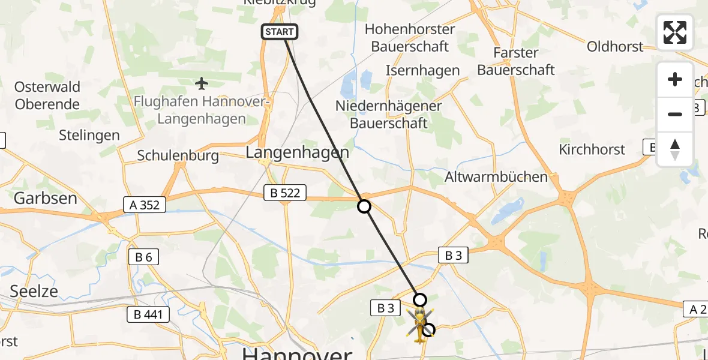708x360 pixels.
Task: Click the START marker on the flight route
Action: (x=280, y=32)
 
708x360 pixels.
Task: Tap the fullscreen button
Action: (x=675, y=32)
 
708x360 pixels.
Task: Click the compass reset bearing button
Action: (x=675, y=149)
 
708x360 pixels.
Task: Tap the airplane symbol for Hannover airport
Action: (x=202, y=82)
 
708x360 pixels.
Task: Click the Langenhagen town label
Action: (x=298, y=153)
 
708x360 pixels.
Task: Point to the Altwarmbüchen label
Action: (x=496, y=177)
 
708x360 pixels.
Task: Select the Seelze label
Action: (x=34, y=291)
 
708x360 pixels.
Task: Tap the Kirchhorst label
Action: (x=592, y=149)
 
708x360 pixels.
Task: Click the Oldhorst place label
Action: (x=615, y=46)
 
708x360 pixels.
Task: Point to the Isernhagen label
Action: (x=423, y=71)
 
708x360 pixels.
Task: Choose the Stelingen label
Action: (x=89, y=135)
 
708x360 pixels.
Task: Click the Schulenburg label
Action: (x=177, y=155)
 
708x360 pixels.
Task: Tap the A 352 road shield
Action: (x=145, y=205)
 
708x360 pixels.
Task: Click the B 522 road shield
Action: (x=286, y=193)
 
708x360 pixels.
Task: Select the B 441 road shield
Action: (x=148, y=313)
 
